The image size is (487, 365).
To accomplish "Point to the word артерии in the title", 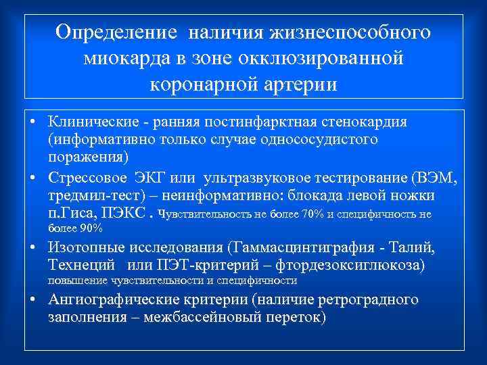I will click(302, 85).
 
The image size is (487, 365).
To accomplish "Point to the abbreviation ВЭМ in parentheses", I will click(434, 179).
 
